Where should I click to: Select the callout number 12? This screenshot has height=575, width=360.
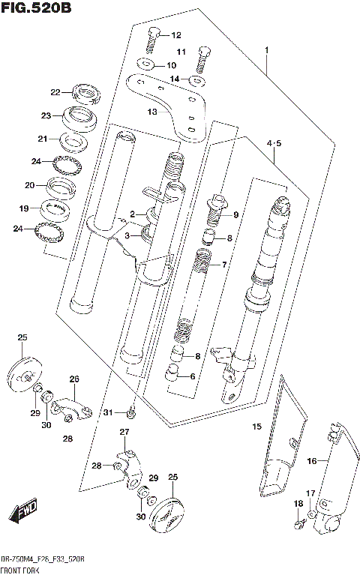point(176,35)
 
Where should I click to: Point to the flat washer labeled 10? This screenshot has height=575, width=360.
point(147,65)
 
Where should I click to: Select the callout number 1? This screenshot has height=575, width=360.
point(265,50)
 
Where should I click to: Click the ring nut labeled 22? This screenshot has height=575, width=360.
point(86,94)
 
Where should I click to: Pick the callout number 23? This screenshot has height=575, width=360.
point(46,115)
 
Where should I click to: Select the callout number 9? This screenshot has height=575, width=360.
point(235,215)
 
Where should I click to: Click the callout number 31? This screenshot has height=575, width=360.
point(108,413)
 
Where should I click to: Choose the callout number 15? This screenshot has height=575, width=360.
point(256,427)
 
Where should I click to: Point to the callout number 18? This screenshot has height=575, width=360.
point(298,504)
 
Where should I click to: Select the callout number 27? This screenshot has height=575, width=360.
point(124,431)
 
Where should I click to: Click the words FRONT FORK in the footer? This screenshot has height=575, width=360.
point(20,571)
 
